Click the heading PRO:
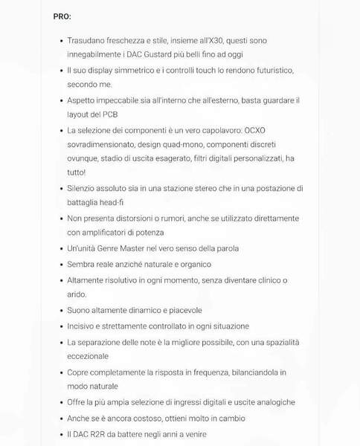62,16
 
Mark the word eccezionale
88,356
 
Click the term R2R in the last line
102,434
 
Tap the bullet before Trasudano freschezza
60,41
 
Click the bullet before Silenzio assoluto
60,189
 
